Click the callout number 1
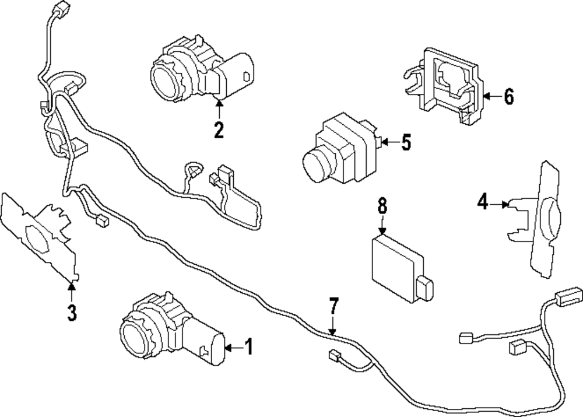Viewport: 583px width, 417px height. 249,348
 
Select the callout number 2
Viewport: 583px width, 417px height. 219,130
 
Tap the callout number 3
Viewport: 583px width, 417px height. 72,313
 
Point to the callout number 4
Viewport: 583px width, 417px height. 482,202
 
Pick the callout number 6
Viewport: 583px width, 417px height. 509,97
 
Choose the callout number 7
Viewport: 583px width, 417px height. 333,306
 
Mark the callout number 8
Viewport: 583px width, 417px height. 382,205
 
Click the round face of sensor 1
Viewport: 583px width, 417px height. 135,337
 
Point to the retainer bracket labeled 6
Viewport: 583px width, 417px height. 449,87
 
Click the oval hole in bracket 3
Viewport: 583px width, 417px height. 36,236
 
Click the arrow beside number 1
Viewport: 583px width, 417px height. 231,348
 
